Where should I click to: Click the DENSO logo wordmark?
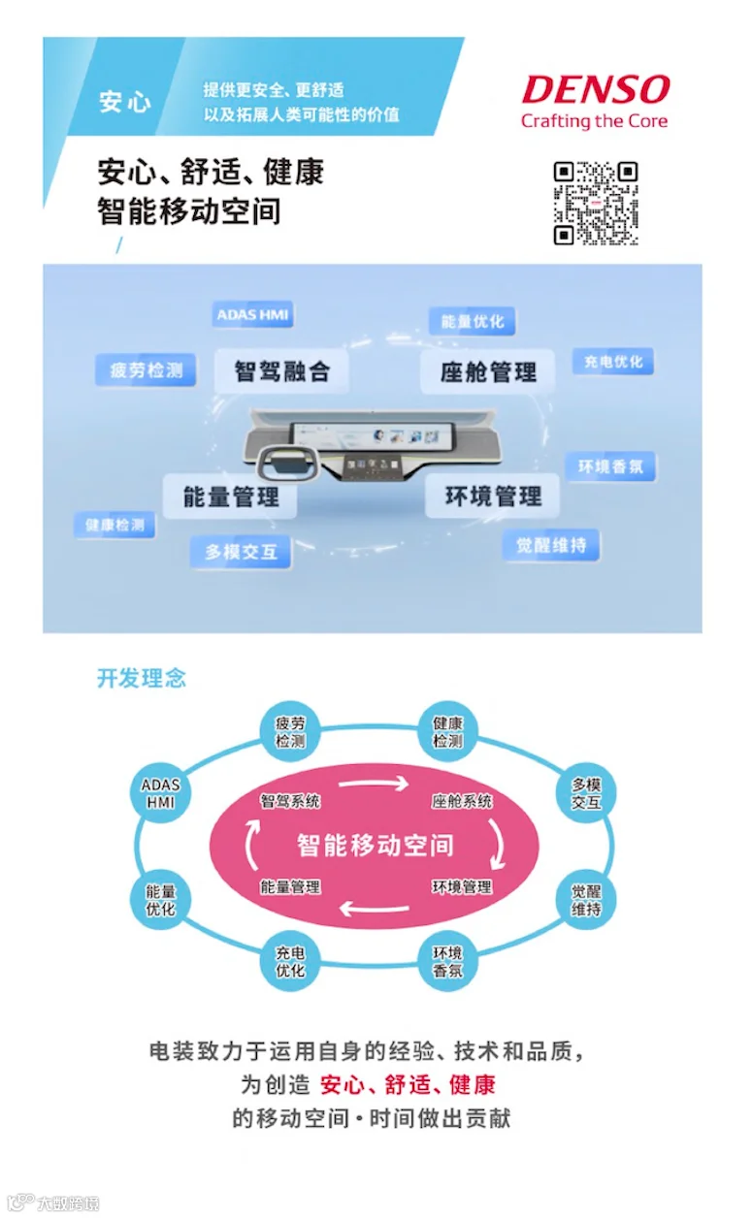(x=595, y=90)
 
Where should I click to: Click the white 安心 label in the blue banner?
(x=125, y=102)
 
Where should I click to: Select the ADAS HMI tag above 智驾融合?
(x=252, y=315)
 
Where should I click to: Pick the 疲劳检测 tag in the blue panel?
(x=146, y=370)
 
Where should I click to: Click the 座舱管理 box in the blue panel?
(x=488, y=372)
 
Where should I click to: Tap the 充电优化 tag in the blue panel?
(x=612, y=362)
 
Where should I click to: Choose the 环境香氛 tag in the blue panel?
(x=610, y=466)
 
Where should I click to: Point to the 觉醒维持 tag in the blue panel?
(x=550, y=545)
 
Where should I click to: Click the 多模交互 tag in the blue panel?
(x=241, y=552)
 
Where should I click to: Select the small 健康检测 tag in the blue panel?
(x=115, y=525)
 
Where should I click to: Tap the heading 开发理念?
(x=142, y=678)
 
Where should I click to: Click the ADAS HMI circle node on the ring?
(x=160, y=793)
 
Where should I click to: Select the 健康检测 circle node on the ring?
(x=447, y=732)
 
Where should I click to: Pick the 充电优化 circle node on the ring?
(x=290, y=961)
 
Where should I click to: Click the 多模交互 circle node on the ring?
(x=586, y=793)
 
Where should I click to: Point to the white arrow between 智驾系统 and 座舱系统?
(x=375, y=784)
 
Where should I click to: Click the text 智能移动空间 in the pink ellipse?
(x=376, y=845)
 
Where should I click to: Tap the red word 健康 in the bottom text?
(x=473, y=1084)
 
